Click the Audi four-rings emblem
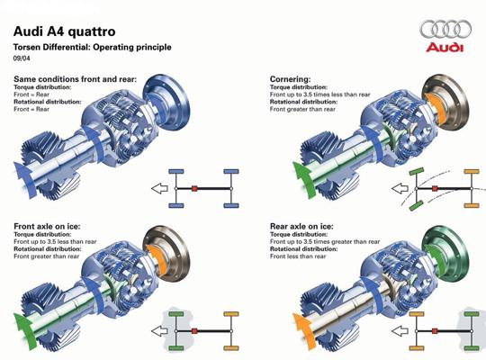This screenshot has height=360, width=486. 445,30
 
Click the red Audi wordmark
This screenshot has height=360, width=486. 445,47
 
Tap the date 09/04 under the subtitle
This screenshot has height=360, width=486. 22,58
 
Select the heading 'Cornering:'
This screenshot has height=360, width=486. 290,79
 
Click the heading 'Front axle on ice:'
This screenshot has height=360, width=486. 47,227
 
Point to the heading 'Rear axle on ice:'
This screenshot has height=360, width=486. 301,227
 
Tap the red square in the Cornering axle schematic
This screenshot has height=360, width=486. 435,188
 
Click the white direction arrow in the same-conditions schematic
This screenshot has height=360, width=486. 159,188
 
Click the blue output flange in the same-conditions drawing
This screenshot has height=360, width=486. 166,103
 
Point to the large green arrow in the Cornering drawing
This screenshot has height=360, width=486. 304,178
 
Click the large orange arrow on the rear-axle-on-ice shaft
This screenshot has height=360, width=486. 304,330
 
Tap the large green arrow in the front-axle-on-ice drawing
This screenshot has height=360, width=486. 25,330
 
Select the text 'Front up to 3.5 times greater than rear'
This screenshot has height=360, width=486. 325,241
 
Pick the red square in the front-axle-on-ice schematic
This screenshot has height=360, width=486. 194,331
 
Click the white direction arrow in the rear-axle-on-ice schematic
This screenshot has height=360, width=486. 400,331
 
